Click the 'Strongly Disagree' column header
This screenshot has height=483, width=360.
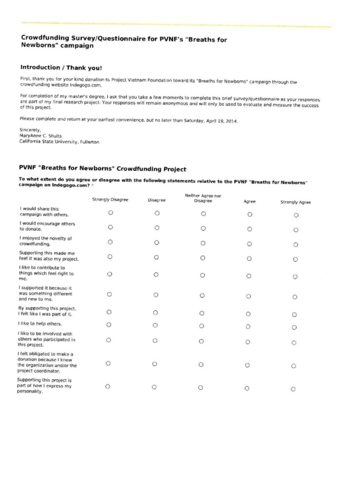tap(110, 200)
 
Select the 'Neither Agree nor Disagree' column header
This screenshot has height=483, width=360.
tap(203, 198)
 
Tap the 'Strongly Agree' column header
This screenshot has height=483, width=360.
tap(295, 202)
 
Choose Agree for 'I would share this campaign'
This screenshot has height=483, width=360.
tap(249, 214)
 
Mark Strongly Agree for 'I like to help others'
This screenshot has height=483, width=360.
tap(294, 328)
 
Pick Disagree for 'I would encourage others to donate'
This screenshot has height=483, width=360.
tap(157, 227)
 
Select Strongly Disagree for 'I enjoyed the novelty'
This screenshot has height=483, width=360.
tap(110, 241)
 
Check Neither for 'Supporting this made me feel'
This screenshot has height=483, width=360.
tap(203, 257)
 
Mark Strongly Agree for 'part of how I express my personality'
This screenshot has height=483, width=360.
tap(293, 389)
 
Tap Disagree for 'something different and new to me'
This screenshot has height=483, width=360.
tap(156, 294)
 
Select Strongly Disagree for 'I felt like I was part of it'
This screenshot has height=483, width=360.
tap(109, 312)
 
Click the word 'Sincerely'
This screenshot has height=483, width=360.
tap(31, 130)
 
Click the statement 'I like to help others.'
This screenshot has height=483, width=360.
tap(40, 323)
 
